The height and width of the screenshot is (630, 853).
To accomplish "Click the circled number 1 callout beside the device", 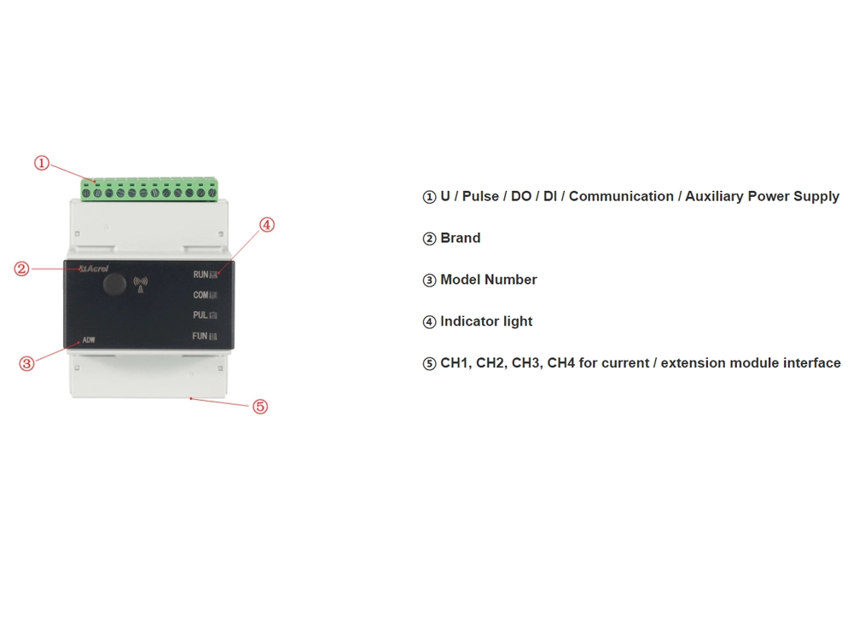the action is (x=42, y=163).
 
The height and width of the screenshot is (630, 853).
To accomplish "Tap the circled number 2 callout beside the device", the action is (x=22, y=269).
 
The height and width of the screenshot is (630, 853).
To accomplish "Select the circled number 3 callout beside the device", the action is (x=26, y=364).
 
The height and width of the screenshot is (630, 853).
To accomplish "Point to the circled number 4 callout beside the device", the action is (x=266, y=224).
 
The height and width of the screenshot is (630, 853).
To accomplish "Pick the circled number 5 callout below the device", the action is (x=260, y=406).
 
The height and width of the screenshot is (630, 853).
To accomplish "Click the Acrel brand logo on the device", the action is (x=94, y=269).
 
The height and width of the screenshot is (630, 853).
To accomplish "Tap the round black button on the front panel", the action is (x=114, y=284).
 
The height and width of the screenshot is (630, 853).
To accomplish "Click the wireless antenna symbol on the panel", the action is (x=141, y=284).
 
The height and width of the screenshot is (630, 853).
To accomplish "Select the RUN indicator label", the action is (x=200, y=275).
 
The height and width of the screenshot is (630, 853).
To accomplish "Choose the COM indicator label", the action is (x=200, y=295).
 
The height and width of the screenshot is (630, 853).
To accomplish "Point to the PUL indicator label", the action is (x=200, y=315).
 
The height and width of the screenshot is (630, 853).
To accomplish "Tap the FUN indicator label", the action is (x=200, y=336).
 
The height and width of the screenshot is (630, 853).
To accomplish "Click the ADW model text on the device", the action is (x=89, y=340).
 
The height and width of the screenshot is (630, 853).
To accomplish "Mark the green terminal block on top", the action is (x=149, y=188).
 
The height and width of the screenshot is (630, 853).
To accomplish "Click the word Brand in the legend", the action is (x=461, y=238).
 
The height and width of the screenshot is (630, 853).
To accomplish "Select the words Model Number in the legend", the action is (x=489, y=280).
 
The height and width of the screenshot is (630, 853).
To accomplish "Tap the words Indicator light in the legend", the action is (x=486, y=321).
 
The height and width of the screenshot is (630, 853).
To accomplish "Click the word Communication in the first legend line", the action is (x=621, y=196).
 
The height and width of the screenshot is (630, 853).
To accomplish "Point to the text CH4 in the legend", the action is (x=561, y=362).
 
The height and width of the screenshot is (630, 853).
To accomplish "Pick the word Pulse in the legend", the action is (x=480, y=196).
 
